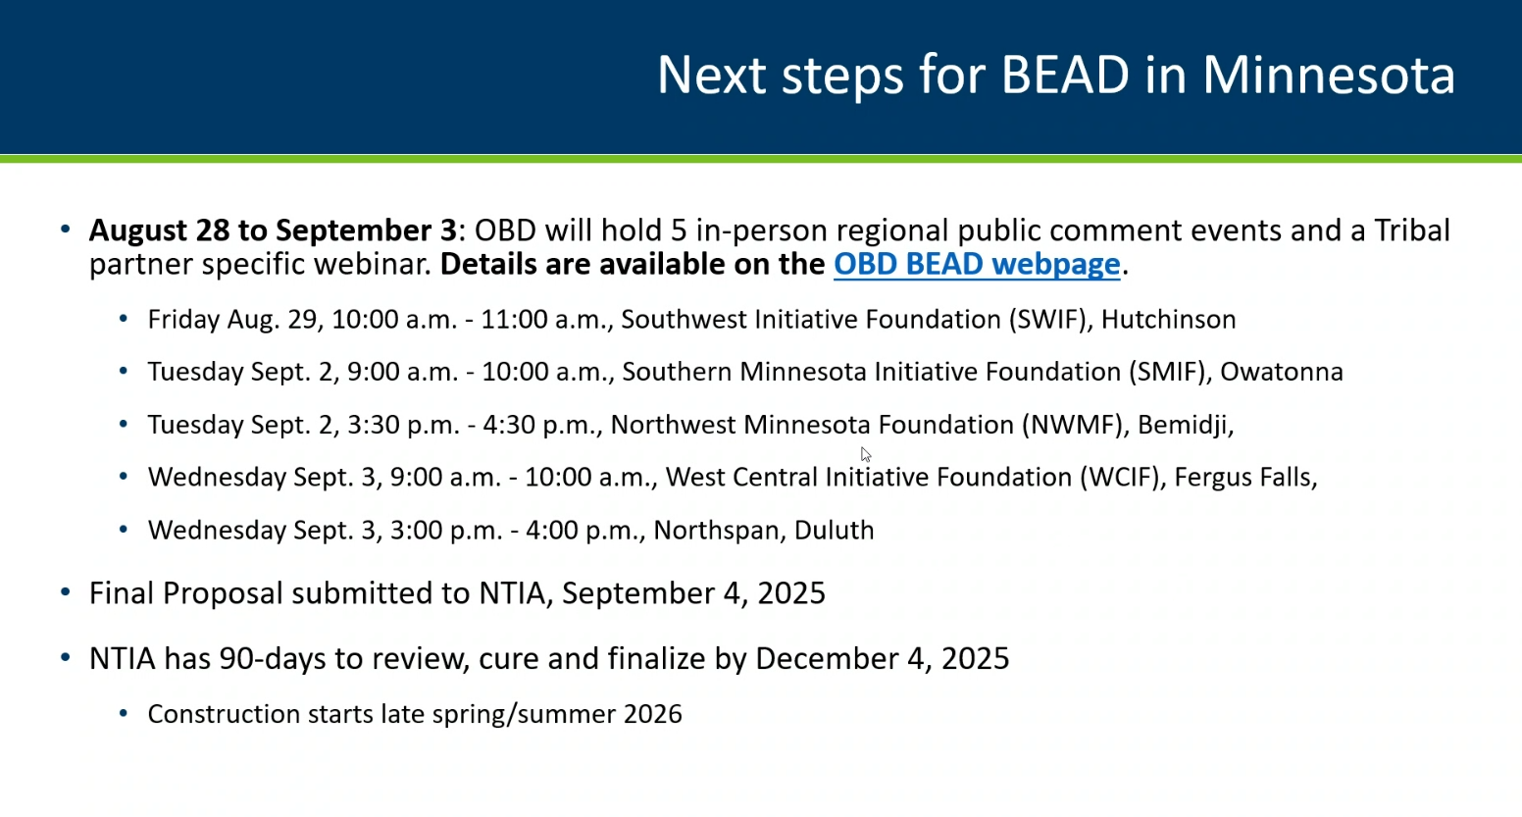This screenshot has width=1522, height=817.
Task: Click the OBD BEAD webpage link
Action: (x=977, y=265)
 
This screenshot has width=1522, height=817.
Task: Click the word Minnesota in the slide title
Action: (x=1329, y=75)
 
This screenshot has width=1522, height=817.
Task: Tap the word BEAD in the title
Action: (x=1065, y=75)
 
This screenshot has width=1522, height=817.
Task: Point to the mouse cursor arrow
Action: (x=866, y=455)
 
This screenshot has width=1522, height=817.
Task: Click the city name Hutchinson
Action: (x=1168, y=320)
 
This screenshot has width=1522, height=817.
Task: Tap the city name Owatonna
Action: (x=1282, y=372)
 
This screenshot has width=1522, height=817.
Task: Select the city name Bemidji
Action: (x=1183, y=426)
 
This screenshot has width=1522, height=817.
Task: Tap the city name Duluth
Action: (x=834, y=531)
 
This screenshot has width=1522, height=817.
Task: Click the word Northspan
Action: (x=716, y=531)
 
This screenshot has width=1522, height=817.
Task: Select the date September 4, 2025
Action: (x=693, y=593)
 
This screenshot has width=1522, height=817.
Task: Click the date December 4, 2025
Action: (x=882, y=659)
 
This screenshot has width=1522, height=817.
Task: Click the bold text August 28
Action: (x=158, y=231)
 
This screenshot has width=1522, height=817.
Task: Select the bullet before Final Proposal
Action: (x=66, y=592)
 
